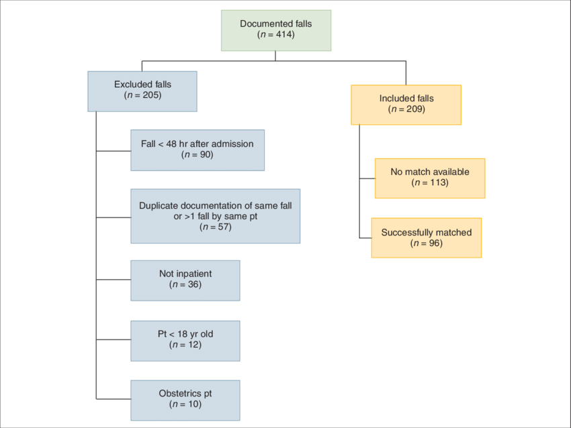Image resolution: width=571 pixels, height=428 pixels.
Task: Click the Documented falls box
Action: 275,30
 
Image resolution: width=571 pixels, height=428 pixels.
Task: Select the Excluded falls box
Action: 142,91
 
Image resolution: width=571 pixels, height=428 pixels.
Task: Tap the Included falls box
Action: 406,105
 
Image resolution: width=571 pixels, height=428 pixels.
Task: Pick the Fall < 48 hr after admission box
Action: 197,150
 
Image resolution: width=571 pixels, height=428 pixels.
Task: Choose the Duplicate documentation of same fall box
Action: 215,215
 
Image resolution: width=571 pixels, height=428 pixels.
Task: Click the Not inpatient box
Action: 185,280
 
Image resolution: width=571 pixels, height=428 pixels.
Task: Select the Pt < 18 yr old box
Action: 185,339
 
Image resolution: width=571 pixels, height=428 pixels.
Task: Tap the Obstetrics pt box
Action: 185,399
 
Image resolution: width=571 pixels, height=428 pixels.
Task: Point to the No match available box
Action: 429,178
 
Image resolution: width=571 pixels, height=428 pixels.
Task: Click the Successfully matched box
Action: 426,237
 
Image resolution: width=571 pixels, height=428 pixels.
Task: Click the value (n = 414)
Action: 276,35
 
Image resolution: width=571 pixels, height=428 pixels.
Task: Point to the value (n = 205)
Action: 142,95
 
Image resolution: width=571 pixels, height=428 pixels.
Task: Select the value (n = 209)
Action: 406,109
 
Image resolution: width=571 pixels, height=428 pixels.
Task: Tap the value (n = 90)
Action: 197,155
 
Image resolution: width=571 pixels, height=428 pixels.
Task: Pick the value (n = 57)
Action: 215,227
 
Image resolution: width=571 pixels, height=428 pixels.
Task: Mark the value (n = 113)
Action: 429,182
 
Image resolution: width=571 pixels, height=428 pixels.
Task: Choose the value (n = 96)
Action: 426,243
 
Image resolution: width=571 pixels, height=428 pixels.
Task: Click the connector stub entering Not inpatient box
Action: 114,279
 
